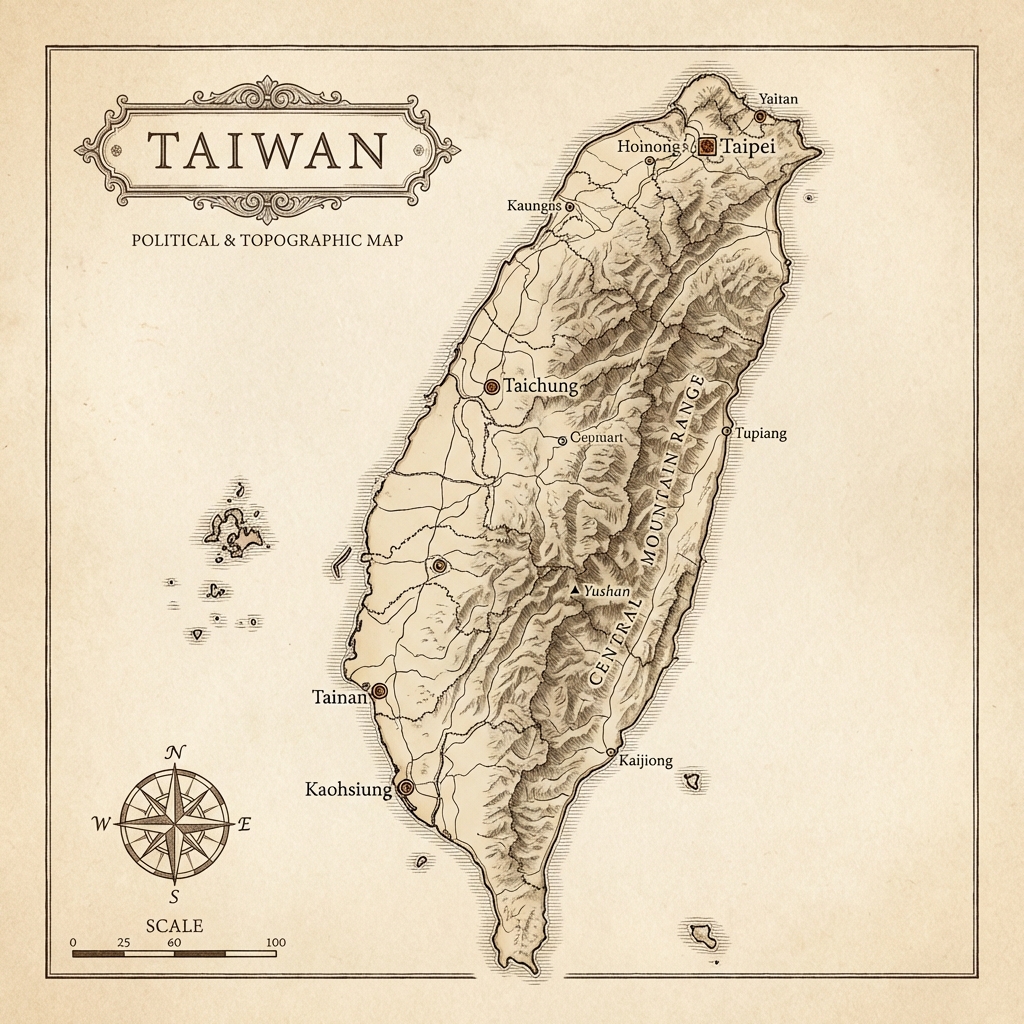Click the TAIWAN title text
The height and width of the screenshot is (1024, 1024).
coord(266,151)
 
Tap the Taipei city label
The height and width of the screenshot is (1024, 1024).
coord(748,146)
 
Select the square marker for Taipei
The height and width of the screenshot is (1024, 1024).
coord(707,146)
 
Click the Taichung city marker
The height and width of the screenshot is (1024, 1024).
coord(492,386)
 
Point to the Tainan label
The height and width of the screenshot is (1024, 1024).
coord(339,697)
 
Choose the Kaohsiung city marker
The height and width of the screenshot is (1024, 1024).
coord(406,788)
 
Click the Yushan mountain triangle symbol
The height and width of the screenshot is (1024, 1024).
coord(575,591)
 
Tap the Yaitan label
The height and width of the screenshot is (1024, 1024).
coord(778,99)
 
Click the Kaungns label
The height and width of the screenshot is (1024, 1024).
coord(535,206)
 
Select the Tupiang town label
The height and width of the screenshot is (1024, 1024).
coord(761,433)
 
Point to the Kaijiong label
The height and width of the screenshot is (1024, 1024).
coord(647,761)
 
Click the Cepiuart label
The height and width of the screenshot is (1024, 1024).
coord(596,437)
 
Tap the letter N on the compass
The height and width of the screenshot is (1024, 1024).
coord(175,753)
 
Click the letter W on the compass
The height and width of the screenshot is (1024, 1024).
coord(101,824)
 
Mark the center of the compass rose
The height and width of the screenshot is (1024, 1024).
coord(175,823)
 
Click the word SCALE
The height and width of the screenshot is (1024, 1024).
coord(174,926)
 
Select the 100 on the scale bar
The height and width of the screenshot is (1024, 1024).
coord(276,942)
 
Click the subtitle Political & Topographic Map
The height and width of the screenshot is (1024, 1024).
coord(267,241)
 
